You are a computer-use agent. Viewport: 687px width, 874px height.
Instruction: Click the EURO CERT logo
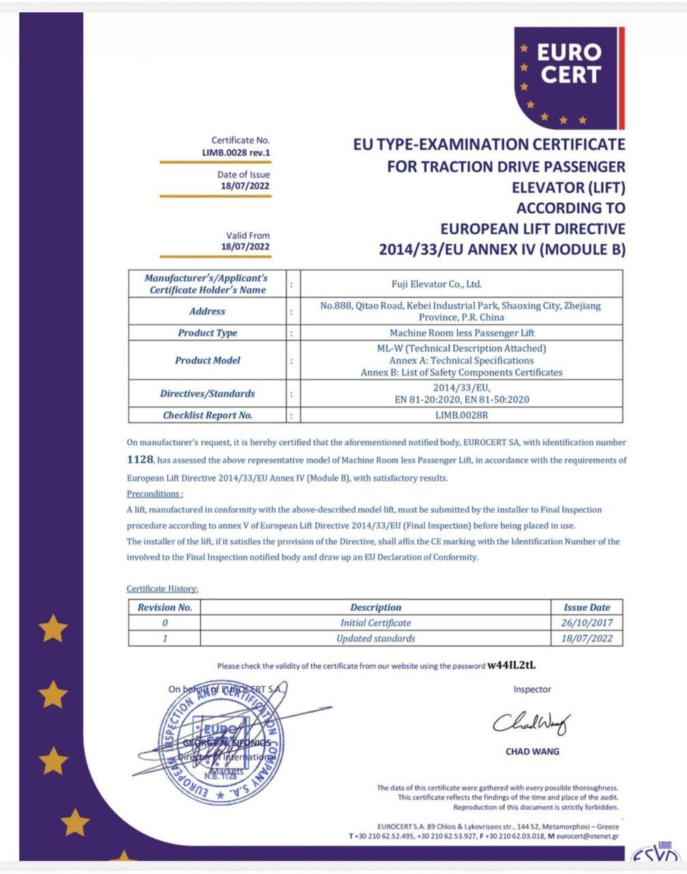point(568,77)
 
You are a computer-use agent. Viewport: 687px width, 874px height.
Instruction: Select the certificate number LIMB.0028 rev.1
point(236,152)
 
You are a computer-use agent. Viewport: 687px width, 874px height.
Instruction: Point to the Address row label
point(207,311)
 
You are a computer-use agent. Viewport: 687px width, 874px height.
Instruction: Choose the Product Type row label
point(207,333)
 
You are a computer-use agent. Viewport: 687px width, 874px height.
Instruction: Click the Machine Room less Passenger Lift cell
point(461,333)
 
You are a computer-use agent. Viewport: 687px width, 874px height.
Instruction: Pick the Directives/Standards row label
point(207,394)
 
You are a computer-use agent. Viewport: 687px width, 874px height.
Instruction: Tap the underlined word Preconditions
point(155,494)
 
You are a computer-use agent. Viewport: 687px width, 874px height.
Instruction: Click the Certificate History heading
point(162,589)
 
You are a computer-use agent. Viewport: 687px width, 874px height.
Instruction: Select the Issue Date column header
point(587,607)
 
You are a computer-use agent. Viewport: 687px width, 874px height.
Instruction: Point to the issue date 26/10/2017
point(587,623)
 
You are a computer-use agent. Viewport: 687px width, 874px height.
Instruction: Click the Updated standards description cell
point(375,638)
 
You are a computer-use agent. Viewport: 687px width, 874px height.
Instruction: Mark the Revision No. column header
point(164,607)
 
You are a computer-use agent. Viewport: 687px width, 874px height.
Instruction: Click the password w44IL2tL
point(516,665)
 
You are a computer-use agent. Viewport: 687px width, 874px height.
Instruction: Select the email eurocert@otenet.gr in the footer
point(587,836)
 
